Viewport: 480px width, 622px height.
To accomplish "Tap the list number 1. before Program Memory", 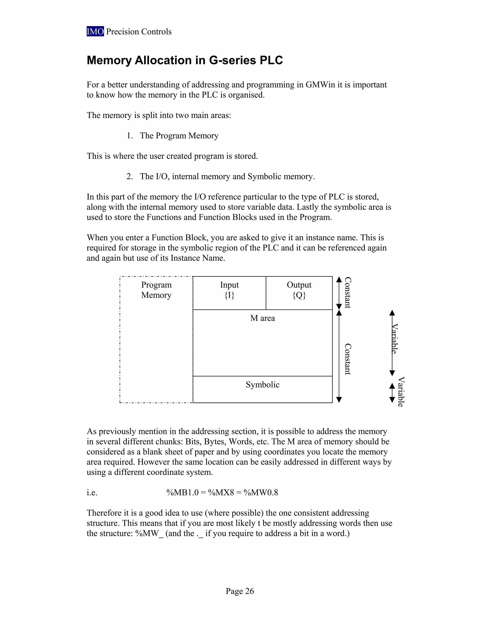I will pos(130,136).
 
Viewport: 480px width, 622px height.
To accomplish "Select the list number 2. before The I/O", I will pos(130,177).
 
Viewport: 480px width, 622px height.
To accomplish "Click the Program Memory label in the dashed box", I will pos(156,290).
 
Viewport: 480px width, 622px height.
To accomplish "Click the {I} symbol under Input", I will pos(229,295).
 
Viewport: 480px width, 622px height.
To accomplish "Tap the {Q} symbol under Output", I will pos(299,295).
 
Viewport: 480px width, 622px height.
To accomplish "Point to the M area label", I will pos(262,318).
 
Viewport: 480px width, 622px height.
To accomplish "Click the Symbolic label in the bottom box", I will pos(262,385).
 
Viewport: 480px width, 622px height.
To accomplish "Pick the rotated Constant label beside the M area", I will pos(348,359).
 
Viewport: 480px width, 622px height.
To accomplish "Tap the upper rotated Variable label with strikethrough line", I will pos(394,339).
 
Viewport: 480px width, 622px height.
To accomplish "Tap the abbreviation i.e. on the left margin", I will pos(92,493).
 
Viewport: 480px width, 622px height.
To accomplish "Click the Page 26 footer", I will pos(240,591).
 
